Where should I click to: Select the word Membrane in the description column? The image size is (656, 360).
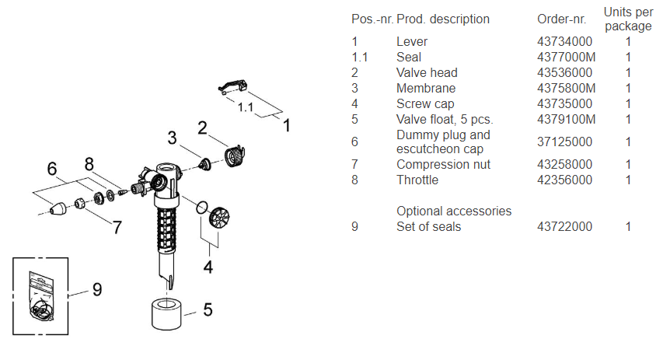426,89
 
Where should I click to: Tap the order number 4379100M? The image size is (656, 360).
567,120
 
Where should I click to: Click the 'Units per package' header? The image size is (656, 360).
628,19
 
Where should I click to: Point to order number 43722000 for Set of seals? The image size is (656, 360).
565,227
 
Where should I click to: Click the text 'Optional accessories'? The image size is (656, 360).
454,211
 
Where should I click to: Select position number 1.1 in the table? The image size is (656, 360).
361,58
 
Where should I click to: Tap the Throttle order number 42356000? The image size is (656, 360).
565,180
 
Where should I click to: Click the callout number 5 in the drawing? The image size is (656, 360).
208,309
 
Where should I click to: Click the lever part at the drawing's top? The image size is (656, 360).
232,88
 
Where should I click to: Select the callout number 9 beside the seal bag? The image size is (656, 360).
96,289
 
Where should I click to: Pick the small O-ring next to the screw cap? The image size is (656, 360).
201,207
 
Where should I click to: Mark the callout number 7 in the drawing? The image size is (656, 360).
116,227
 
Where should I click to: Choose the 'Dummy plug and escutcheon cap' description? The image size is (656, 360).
443,142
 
